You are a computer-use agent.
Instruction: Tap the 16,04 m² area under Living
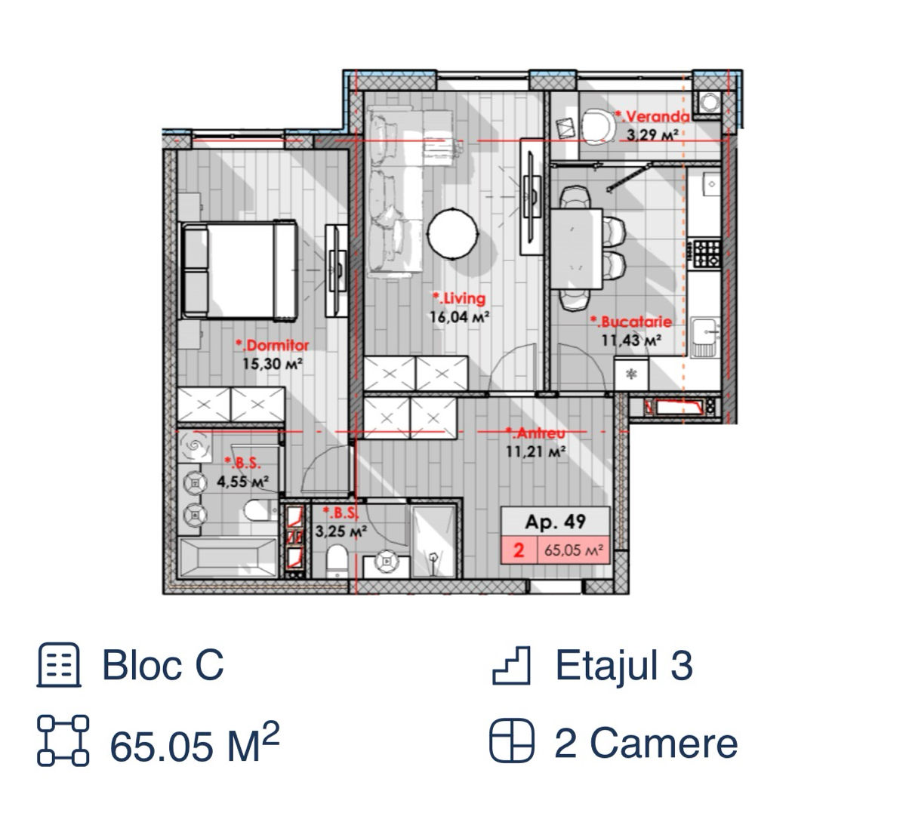point(459,317)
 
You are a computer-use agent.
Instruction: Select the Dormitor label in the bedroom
point(273,345)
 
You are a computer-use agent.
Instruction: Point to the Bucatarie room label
point(631,322)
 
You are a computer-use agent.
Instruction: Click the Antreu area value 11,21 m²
point(535,451)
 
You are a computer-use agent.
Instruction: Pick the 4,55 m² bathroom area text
point(242,482)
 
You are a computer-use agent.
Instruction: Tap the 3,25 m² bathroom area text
point(341,531)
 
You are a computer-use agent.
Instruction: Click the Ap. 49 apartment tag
point(555,522)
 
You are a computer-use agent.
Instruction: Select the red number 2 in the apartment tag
point(519,550)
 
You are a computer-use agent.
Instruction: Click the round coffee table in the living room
point(452,233)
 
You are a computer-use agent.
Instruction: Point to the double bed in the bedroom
point(239,270)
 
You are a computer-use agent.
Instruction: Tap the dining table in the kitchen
point(576,248)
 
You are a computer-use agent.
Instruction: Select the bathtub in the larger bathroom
point(228,557)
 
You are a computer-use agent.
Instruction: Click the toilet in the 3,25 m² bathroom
point(337,561)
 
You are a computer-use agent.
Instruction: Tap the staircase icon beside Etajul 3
point(510,666)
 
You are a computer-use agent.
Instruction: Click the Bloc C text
point(163,665)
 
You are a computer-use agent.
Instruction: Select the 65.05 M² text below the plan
point(195,742)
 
